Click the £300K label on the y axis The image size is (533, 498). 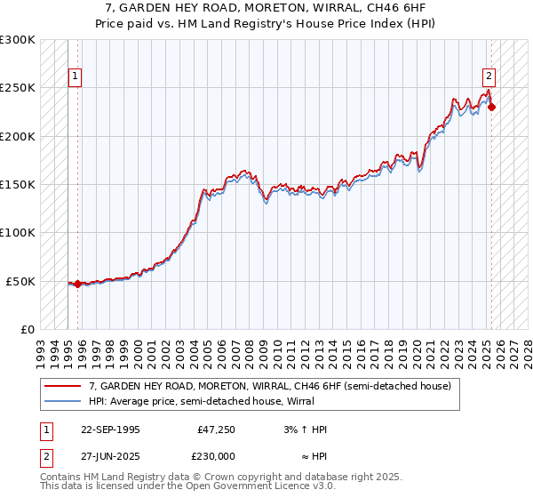[18, 40]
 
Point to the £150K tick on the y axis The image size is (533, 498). [18, 184]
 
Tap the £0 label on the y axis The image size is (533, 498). [26, 329]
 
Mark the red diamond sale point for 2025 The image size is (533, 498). [492, 108]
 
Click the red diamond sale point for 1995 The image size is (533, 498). [78, 284]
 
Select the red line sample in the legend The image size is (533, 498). [62, 386]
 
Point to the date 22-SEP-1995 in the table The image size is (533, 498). [110, 430]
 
